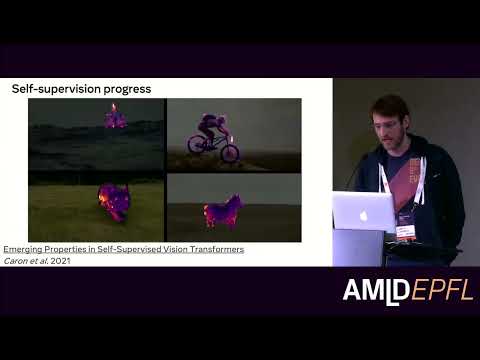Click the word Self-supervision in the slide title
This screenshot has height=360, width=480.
pyautogui.click(x=51, y=89)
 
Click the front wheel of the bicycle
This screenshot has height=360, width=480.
pyautogui.click(x=229, y=152)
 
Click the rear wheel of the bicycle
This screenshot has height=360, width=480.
pyautogui.click(x=198, y=145)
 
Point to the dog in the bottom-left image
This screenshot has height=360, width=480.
pyautogui.click(x=112, y=200)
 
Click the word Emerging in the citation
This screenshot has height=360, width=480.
pyautogui.click(x=27, y=248)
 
